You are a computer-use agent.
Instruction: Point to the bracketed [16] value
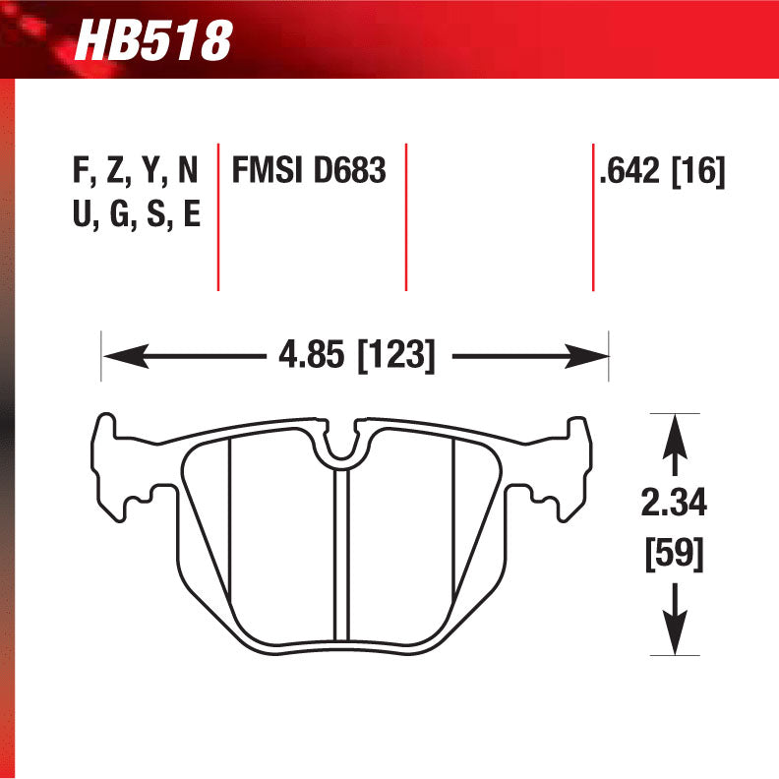pyautogui.click(x=698, y=171)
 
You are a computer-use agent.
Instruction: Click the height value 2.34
pyautogui.click(x=675, y=506)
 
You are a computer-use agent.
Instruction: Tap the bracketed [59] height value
pyautogui.click(x=675, y=555)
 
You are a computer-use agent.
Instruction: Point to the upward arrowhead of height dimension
pyautogui.click(x=674, y=434)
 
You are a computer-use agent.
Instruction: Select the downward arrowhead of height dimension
pyautogui.click(x=674, y=634)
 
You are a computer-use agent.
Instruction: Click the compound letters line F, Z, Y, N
pyautogui.click(x=136, y=171)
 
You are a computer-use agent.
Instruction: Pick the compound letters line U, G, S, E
pyautogui.click(x=136, y=213)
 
